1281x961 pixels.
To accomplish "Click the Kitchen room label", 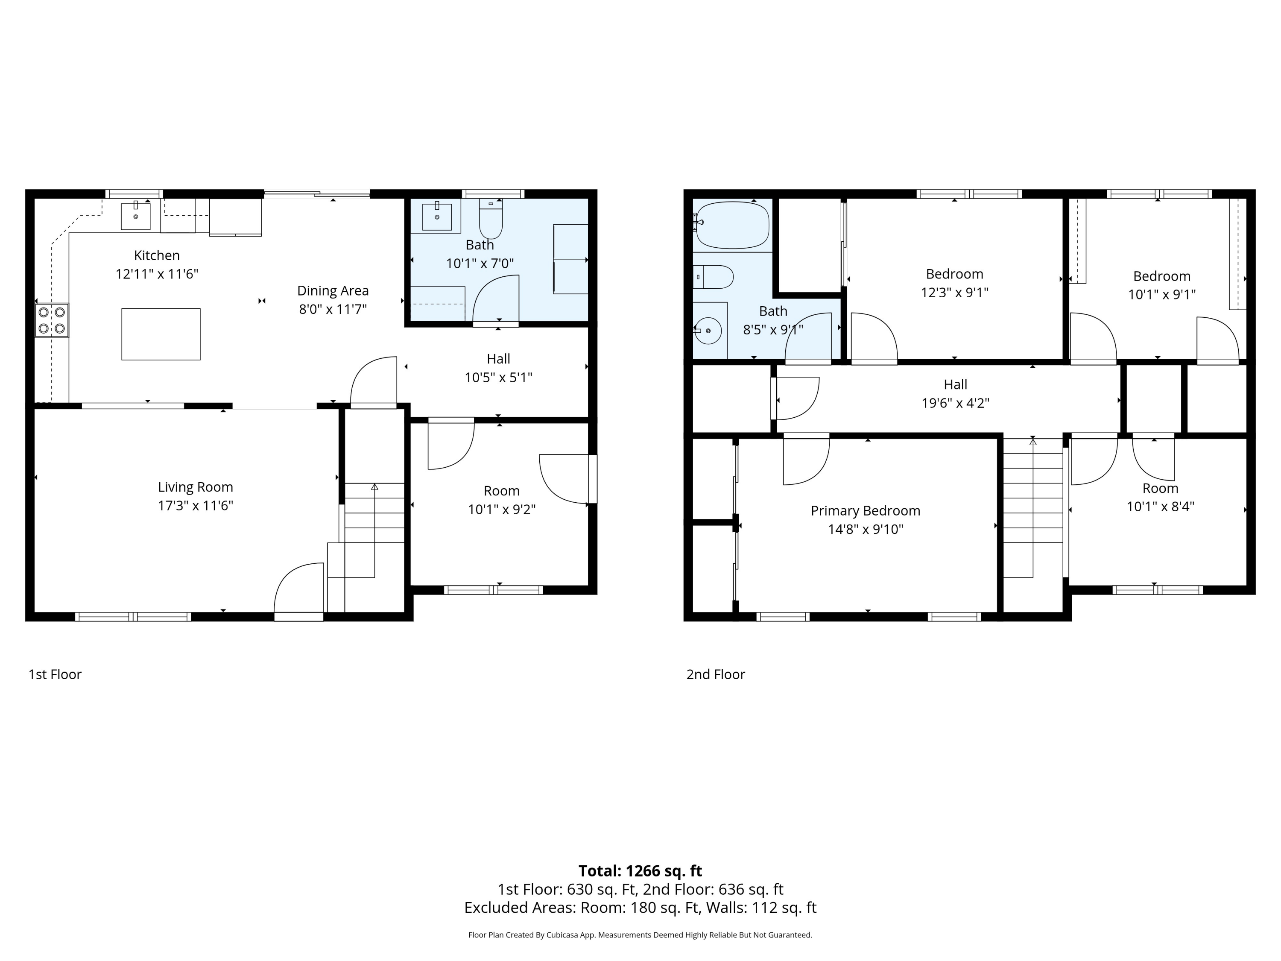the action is (x=157, y=255).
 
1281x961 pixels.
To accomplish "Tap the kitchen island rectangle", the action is (x=161, y=334).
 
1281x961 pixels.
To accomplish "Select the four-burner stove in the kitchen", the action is (x=52, y=320).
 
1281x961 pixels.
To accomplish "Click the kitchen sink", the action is (x=135, y=216).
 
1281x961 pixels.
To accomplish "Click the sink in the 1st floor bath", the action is (x=437, y=216).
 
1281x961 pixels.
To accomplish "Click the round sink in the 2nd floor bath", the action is (x=707, y=331).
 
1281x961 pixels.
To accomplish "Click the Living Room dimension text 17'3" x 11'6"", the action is (x=196, y=506).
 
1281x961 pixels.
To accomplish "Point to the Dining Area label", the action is (x=333, y=291).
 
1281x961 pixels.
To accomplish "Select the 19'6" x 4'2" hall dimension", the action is (x=956, y=403).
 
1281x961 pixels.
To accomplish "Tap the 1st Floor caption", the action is (x=55, y=674).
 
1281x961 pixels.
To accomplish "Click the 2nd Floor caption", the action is (x=716, y=674).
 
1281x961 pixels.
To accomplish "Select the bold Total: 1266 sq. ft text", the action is (x=640, y=871).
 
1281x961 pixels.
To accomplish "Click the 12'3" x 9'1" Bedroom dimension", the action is (x=955, y=293).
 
